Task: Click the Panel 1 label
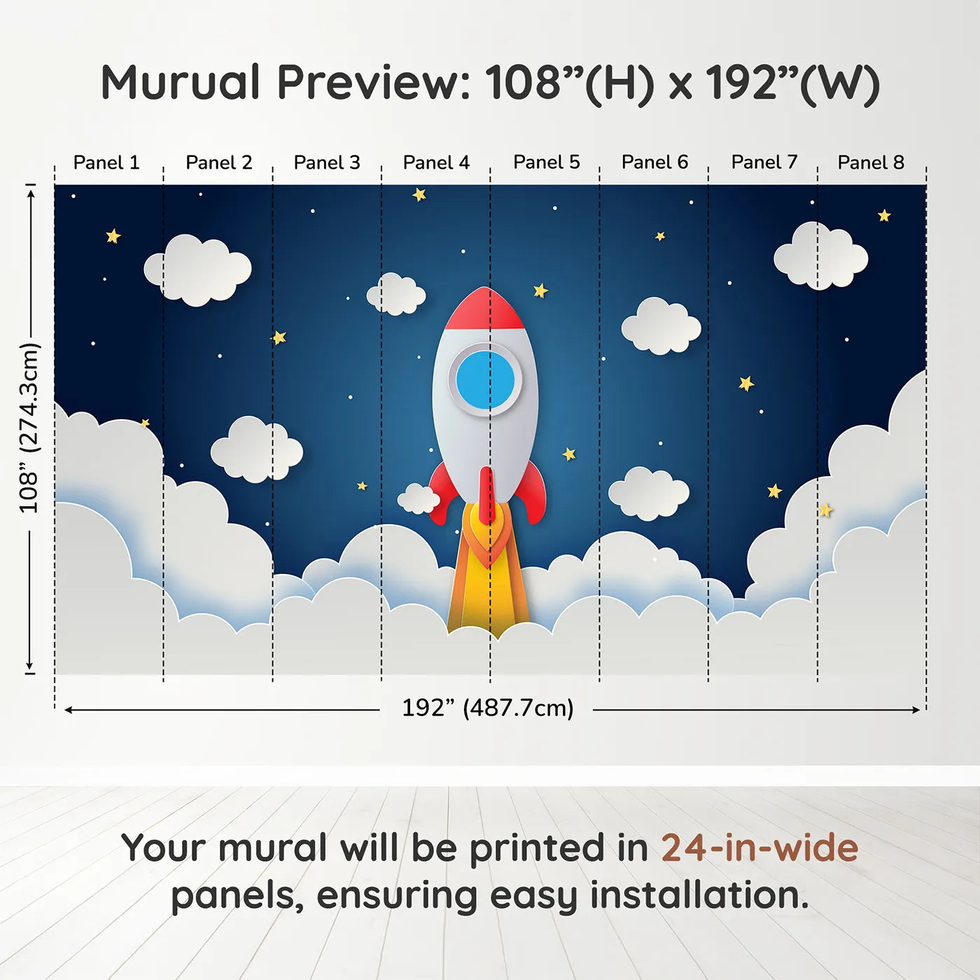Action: pyautogui.click(x=106, y=162)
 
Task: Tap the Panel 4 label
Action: pyautogui.click(x=436, y=162)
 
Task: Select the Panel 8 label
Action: pyautogui.click(x=871, y=162)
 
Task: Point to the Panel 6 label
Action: pyautogui.click(x=654, y=162)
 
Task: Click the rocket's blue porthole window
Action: pyautogui.click(x=485, y=380)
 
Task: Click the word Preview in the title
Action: pyautogui.click(x=374, y=83)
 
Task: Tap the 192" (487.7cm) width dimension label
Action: pyautogui.click(x=487, y=708)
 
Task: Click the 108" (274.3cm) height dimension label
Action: pyautogui.click(x=29, y=428)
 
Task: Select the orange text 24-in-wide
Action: pyautogui.click(x=759, y=848)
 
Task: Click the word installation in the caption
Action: pyautogui.click(x=699, y=895)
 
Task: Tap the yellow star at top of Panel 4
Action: pyautogui.click(x=419, y=195)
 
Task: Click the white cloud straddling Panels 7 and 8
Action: pyautogui.click(x=820, y=257)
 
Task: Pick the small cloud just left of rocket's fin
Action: pyautogui.click(x=418, y=499)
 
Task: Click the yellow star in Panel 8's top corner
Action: pyautogui.click(x=884, y=216)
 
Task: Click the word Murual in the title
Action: pyautogui.click(x=181, y=83)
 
